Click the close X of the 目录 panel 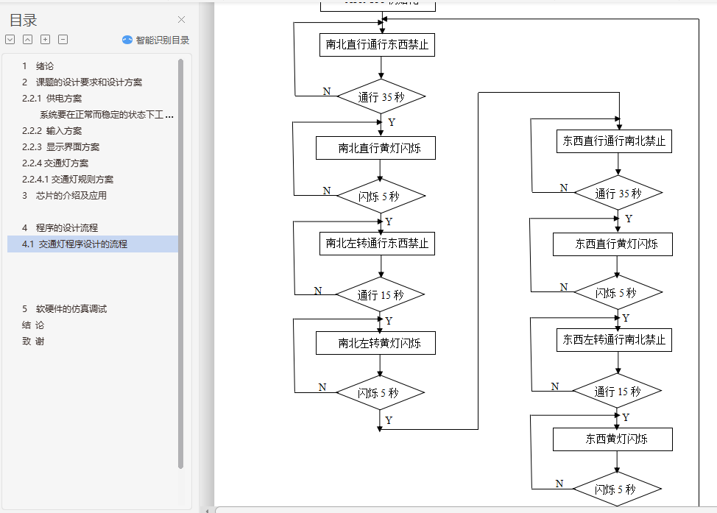[182, 20]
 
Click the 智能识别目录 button [156, 40]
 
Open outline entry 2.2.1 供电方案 [52, 99]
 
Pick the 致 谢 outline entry [33, 342]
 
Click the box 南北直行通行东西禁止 [377, 45]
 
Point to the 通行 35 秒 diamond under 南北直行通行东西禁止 [381, 96]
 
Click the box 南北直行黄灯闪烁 [376, 148]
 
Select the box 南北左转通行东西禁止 [377, 244]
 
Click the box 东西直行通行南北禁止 [614, 141]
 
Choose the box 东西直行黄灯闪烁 [612, 244]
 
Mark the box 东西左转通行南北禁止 [614, 340]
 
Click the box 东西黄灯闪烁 [612, 439]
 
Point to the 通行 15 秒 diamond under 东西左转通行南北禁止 [617, 392]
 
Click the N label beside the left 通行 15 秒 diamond [318, 291]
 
